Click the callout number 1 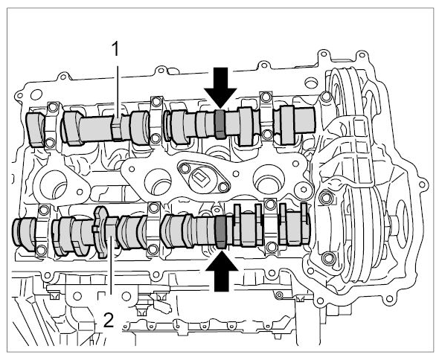click(115, 50)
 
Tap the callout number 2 click(109, 321)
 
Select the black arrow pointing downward click(220, 88)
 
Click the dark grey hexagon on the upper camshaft click(220, 124)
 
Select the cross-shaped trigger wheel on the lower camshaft click(101, 231)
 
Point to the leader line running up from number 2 click(112, 266)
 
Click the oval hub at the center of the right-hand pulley click(403, 217)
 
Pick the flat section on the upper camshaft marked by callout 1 click(116, 129)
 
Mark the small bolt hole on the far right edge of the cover click(422, 184)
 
